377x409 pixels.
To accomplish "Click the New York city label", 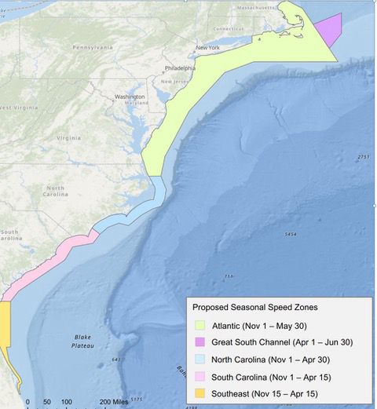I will coord(207,48).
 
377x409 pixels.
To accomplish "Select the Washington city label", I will coord(130,97).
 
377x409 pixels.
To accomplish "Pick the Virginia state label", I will coord(69,137).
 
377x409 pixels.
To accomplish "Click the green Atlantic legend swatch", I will coord(201,325).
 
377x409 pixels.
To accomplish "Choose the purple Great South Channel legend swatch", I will coord(201,342).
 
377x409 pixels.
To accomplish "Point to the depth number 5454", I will coord(290,235).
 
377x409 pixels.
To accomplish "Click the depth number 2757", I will coord(362,158).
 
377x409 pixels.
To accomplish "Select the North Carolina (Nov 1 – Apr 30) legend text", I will coord(275,359).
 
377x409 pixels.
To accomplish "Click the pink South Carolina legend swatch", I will coord(201,376).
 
